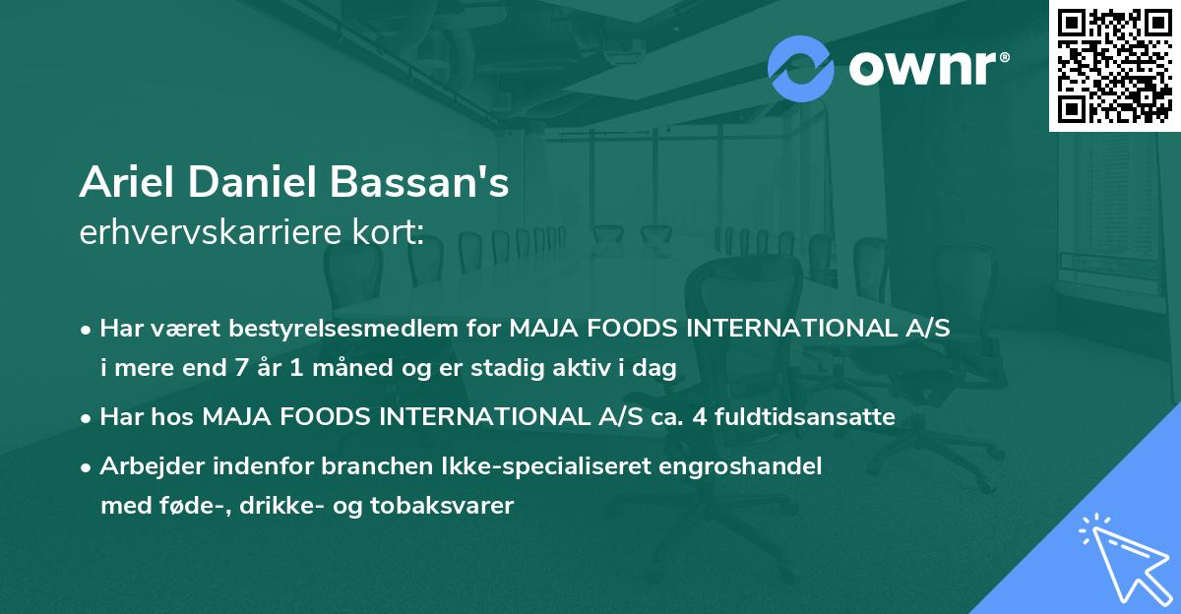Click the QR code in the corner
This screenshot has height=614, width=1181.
coord(1114,66)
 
